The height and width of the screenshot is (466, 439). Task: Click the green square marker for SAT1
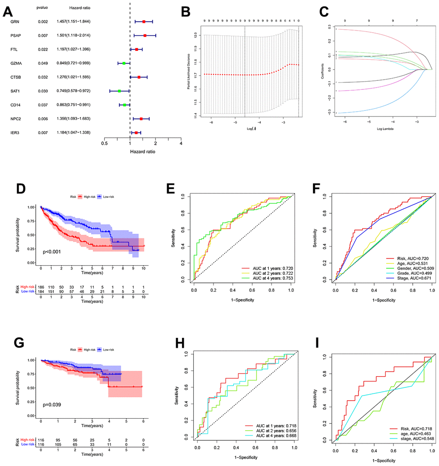point(119,91)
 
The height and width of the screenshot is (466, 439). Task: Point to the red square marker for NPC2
point(141,119)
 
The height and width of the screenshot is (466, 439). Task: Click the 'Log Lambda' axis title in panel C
point(384,128)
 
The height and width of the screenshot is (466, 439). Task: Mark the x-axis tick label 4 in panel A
point(181,144)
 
